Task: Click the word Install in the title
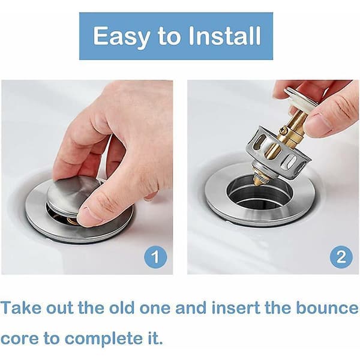pyautogui.click(x=224, y=35)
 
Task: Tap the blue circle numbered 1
pyautogui.click(x=155, y=257)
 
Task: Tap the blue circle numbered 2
pyautogui.click(x=341, y=257)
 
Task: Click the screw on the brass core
pyautogui.click(x=283, y=131)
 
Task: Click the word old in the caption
pyautogui.click(x=121, y=308)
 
